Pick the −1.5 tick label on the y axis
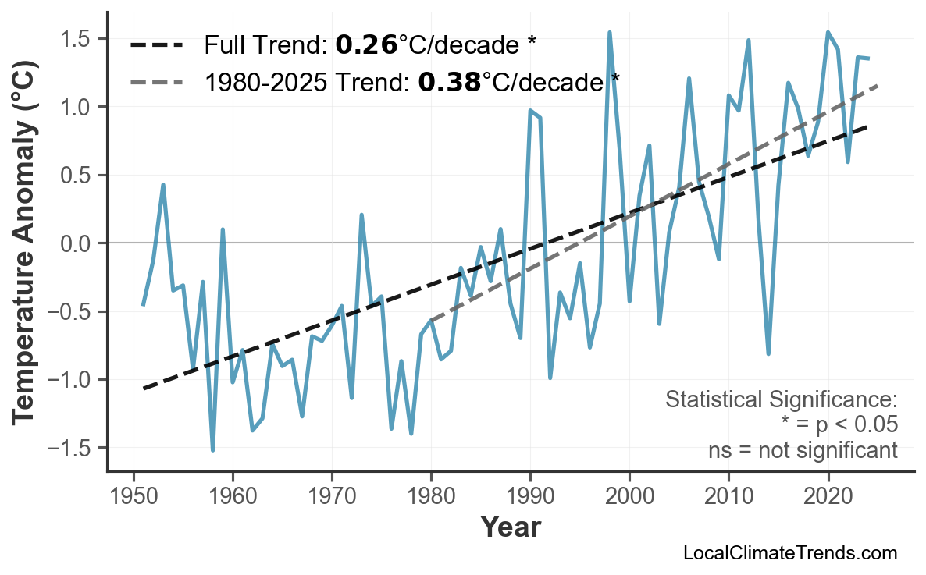coord(72,448)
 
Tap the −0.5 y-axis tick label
coord(72,312)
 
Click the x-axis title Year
coord(510,527)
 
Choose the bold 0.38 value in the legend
coord(449,80)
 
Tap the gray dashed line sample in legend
coord(156,81)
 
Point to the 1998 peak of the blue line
coord(610,33)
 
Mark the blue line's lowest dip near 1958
coord(212,449)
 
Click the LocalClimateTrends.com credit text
coord(789,553)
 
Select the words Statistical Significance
coord(781,400)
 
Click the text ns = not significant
coord(803,450)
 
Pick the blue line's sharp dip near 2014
coord(768,353)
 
